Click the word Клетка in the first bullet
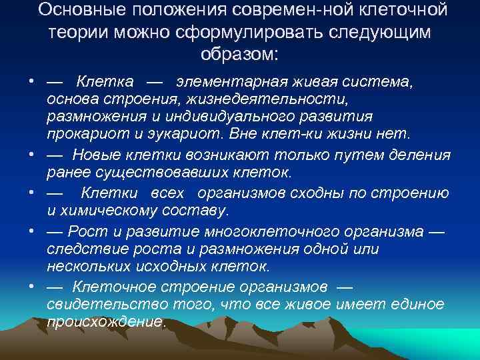(105, 83)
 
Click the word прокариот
(79, 134)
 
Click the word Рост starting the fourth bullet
(89, 232)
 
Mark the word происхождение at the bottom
(105, 321)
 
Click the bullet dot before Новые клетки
(31, 155)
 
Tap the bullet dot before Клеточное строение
(31, 287)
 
